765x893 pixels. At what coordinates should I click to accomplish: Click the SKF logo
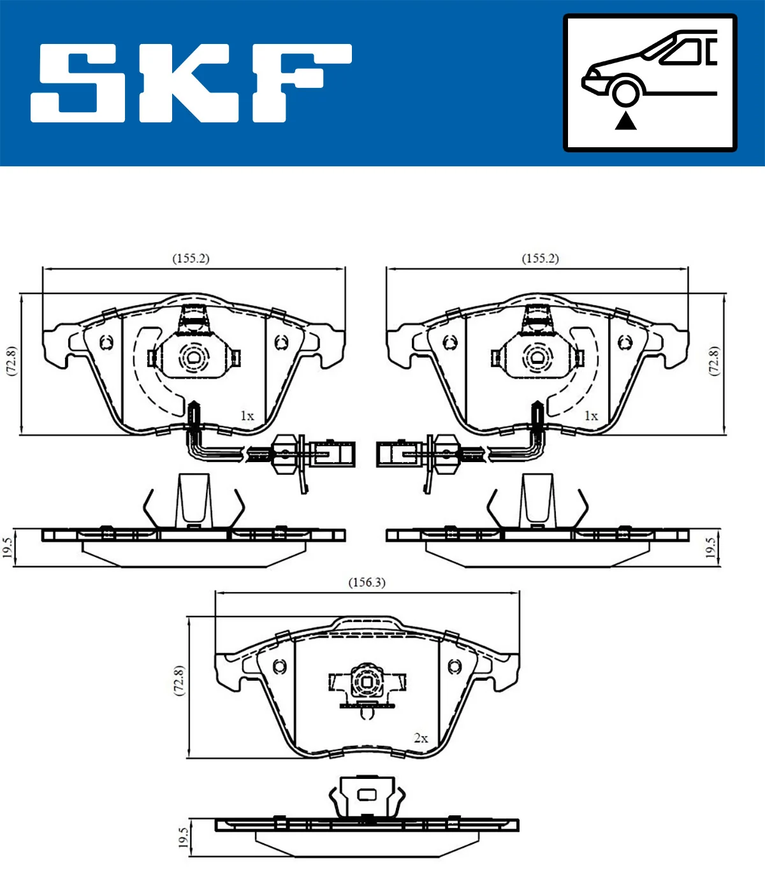click(191, 83)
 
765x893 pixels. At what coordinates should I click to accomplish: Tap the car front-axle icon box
click(650, 83)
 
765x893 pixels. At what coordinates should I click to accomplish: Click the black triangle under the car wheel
click(626, 120)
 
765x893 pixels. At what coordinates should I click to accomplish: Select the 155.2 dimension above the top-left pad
click(191, 258)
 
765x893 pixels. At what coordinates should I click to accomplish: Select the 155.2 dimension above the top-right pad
click(540, 258)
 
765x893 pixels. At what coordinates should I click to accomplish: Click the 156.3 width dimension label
click(367, 582)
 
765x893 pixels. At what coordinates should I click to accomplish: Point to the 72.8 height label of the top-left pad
click(11, 361)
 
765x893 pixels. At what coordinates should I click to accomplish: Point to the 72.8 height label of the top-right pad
click(714, 361)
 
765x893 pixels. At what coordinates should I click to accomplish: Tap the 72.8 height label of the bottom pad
click(179, 681)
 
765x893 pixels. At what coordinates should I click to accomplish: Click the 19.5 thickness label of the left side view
click(8, 548)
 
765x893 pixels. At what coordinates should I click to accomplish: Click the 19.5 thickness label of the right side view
click(711, 548)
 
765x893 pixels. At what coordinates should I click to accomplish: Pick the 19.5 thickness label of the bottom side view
click(184, 838)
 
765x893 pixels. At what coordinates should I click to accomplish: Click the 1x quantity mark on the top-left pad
click(247, 416)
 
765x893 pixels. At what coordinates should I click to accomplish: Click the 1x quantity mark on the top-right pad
click(591, 416)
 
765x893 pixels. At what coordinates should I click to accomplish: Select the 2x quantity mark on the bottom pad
click(421, 738)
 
